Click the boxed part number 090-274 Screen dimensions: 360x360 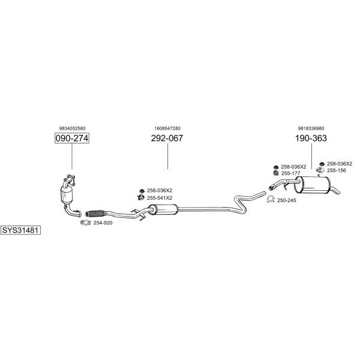tap(72, 138)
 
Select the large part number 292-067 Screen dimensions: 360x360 tap(167, 138)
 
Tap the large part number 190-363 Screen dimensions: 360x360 tap(311, 138)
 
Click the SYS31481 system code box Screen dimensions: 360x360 tap(20, 230)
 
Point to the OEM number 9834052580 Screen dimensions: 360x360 tap(73, 128)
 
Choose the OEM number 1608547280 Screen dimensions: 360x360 tap(167, 128)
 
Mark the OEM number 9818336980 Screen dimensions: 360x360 tap(311, 128)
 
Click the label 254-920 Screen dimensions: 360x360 tap(103, 223)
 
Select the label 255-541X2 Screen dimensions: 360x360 tap(160, 198)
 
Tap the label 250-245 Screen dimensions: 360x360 tap(287, 200)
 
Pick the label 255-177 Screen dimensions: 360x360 tap(290, 173)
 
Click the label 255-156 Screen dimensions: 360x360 tap(337, 170)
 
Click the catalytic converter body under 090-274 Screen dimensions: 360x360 tap(67, 194)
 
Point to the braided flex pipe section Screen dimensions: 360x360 tap(95, 213)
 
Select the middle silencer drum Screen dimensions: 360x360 tap(163, 209)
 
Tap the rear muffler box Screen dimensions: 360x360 tap(313, 184)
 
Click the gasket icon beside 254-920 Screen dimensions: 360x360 tap(85, 223)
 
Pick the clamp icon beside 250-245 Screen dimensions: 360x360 tap(271, 199)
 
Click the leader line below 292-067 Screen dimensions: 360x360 tap(167, 156)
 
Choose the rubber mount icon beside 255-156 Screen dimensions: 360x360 tap(320, 170)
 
